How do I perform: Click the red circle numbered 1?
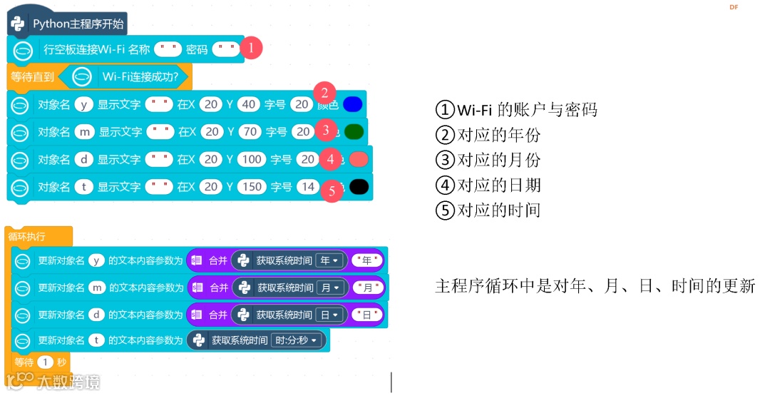pos(251,49)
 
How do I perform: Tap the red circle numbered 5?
pos(332,191)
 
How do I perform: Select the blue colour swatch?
pos(353,104)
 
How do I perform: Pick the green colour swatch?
pos(354,132)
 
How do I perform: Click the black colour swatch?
pos(359,186)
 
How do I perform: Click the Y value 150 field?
pos(252,186)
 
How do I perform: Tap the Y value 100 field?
pos(252,159)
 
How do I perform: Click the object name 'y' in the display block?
pos(84,104)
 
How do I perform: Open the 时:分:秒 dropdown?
pos(298,340)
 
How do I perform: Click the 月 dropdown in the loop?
pos(331,288)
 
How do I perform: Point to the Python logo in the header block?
pos(18,24)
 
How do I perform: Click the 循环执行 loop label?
pos(27,235)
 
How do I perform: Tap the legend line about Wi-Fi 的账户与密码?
pos(516,110)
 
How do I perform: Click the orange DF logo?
pos(734,7)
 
